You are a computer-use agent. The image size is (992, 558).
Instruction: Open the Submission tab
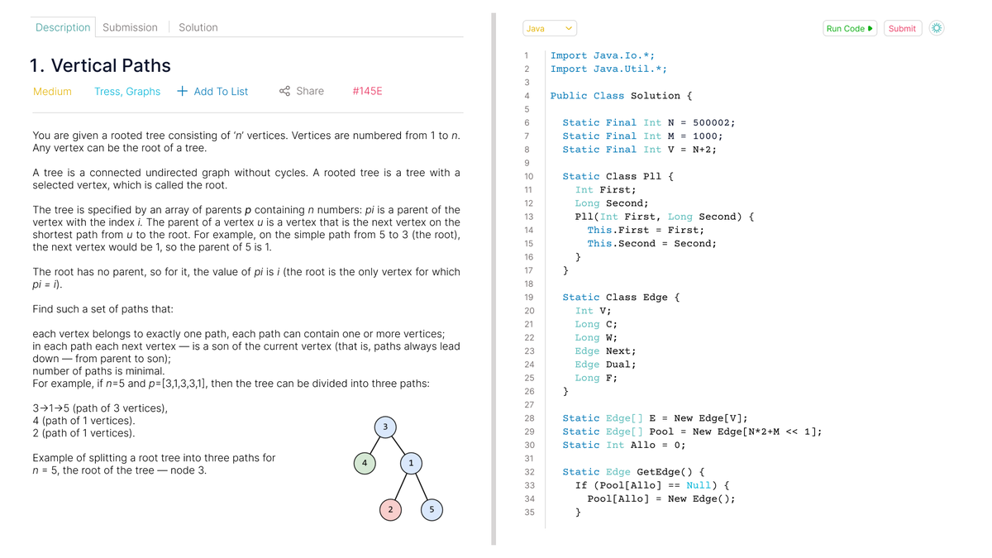(130, 27)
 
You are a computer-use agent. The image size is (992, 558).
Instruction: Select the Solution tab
(198, 27)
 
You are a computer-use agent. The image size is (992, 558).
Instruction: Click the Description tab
(63, 27)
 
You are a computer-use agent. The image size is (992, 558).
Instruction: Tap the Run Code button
(850, 28)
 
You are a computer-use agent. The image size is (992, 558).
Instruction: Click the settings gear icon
(936, 28)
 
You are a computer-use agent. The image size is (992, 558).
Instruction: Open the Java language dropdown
(550, 28)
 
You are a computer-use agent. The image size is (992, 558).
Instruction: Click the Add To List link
(212, 91)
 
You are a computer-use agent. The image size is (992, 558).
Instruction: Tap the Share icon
(284, 91)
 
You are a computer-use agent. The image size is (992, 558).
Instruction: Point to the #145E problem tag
(367, 91)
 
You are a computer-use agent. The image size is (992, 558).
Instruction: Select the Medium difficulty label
(52, 91)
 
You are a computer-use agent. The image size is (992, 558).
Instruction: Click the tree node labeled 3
(385, 427)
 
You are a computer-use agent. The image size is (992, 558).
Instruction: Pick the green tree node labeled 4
(365, 463)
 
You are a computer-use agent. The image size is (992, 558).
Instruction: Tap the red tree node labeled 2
(390, 510)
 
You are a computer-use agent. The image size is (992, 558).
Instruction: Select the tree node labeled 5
(432, 510)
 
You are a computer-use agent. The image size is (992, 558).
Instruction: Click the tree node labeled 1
(411, 463)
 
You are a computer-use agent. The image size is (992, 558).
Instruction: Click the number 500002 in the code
(711, 122)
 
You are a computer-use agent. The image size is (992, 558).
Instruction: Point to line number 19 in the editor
(529, 297)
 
